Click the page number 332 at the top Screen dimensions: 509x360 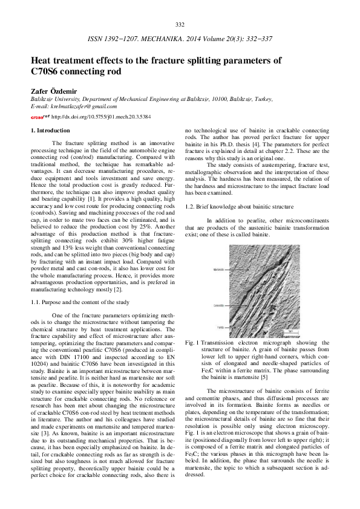pyautogui.click(x=180, y=24)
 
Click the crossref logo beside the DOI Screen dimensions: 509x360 pyautogui.click(x=40, y=116)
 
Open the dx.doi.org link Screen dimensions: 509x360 pyautogui.click(x=101, y=116)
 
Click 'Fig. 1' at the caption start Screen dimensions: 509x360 pyautogui.click(x=192, y=342)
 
